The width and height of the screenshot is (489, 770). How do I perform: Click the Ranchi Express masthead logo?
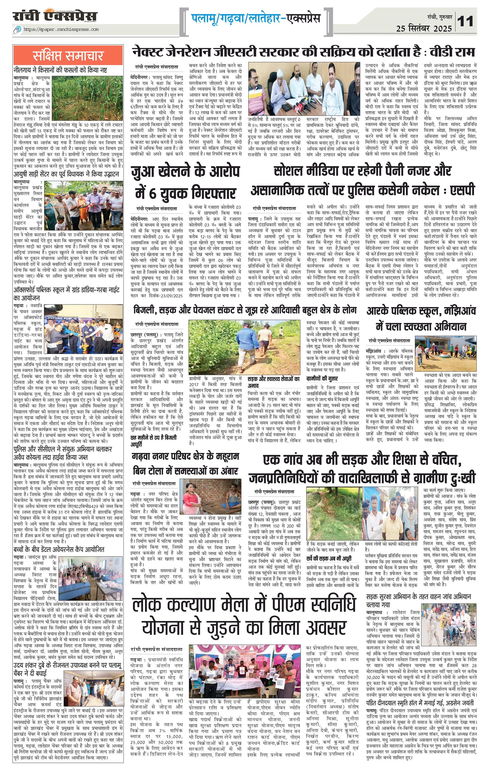pos(55,16)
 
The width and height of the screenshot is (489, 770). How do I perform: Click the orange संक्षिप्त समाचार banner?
pos(68,55)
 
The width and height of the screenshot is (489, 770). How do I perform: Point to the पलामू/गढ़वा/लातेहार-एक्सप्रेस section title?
pos(256,18)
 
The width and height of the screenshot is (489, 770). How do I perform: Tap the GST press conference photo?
pos(304,89)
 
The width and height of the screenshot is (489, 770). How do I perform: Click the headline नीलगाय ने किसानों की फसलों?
pos(60,70)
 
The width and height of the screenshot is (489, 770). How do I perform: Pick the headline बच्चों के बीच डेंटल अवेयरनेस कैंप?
pos(58,424)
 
